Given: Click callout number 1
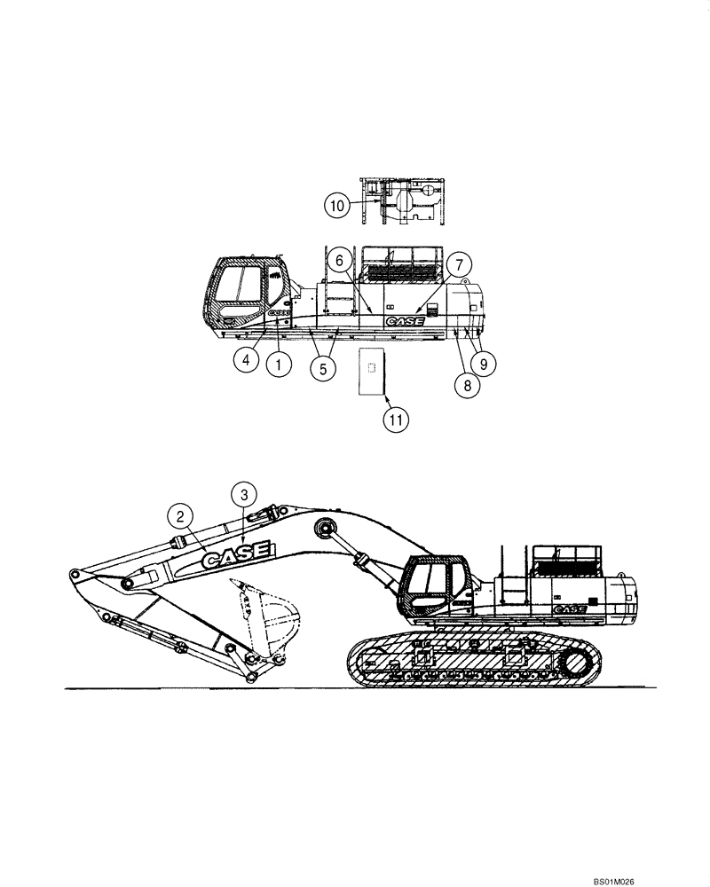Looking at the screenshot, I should (281, 362).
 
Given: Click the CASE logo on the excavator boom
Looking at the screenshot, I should (236, 557).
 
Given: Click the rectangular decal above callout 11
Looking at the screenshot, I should (371, 370).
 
